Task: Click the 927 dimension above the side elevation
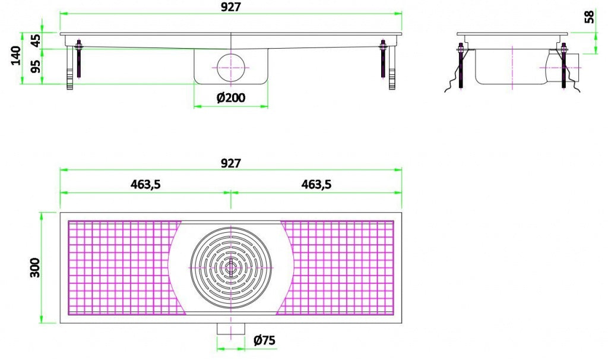tap(231, 7)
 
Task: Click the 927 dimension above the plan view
tap(231, 163)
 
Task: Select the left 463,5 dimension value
tap(145, 185)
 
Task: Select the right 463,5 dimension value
tap(316, 185)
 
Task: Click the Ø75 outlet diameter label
tap(264, 340)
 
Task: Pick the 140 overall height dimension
tap(15, 57)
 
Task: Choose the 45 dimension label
tap(36, 40)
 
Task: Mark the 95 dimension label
tap(36, 66)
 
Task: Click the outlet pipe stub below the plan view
tap(231, 329)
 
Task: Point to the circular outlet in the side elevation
tap(231, 67)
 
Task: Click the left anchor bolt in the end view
tap(460, 68)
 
